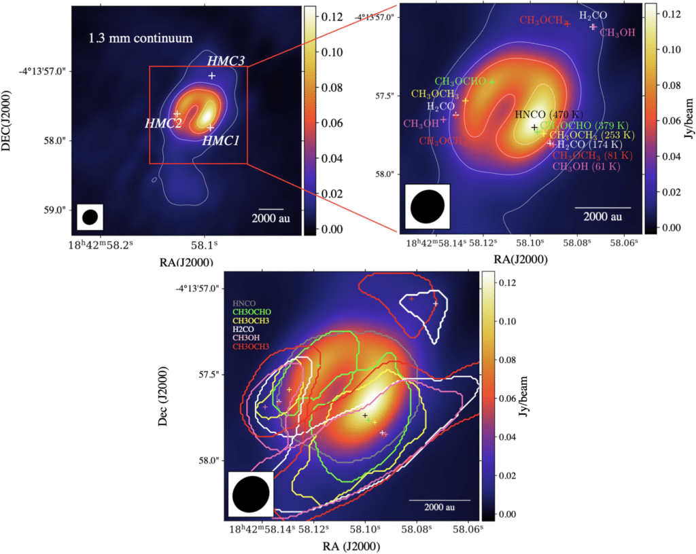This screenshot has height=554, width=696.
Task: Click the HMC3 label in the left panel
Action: tap(227, 61)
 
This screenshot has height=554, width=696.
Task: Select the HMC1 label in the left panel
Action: tap(220, 141)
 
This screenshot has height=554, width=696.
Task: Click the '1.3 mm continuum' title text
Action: tap(141, 39)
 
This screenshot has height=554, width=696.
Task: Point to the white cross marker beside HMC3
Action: tap(212, 75)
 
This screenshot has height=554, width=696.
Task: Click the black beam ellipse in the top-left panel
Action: tap(90, 217)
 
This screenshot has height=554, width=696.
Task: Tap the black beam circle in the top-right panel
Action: tap(428, 206)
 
